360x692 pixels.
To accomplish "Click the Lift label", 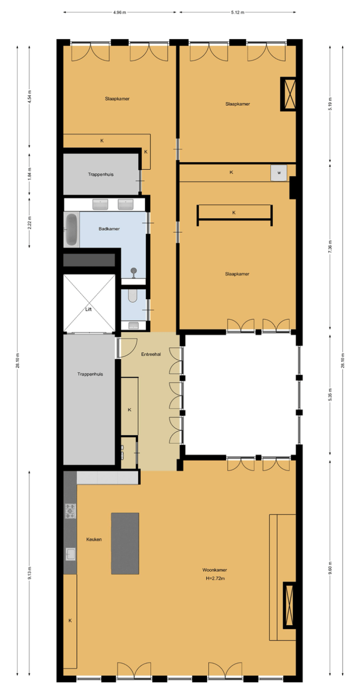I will click(x=88, y=309).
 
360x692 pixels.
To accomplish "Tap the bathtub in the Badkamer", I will click(x=71, y=229).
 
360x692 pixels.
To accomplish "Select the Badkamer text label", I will click(x=109, y=229).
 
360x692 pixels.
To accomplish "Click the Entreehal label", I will click(x=151, y=354).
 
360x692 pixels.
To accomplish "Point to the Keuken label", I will click(x=94, y=540).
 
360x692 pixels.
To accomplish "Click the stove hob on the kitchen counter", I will click(x=70, y=511).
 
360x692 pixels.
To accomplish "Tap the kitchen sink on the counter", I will click(x=70, y=554).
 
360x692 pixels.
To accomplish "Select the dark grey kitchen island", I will click(x=125, y=543).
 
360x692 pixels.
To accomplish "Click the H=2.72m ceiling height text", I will click(x=216, y=578).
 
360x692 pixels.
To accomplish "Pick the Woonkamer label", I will click(x=216, y=570).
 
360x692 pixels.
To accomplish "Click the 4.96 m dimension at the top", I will click(x=120, y=12).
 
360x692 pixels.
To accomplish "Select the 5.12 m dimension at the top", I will click(x=238, y=12).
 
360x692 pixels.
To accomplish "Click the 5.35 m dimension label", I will click(x=330, y=393).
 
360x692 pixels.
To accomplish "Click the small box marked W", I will click(x=279, y=173).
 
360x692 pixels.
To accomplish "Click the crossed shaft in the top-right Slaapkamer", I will click(x=288, y=94).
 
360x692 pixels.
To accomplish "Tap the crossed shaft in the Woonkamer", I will click(x=290, y=605).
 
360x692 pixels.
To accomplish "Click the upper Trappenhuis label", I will click(x=101, y=174).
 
